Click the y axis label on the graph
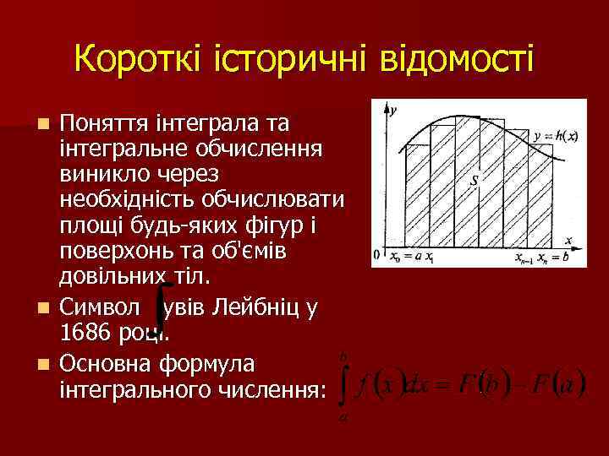point(394,107)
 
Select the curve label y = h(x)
point(556,137)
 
